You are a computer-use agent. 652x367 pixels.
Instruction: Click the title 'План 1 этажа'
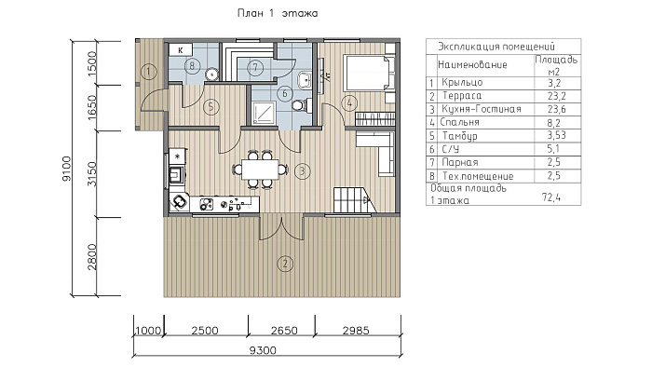tap(278, 13)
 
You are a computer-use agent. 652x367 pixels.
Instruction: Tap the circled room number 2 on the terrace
tap(285, 264)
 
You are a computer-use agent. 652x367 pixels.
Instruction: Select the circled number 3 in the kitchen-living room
tap(303, 170)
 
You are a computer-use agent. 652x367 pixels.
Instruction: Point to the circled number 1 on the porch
tap(148, 72)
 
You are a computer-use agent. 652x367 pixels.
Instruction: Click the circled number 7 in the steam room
tap(255, 67)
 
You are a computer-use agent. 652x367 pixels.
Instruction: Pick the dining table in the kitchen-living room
tap(260, 170)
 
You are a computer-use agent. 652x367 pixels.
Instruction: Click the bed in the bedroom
tap(369, 73)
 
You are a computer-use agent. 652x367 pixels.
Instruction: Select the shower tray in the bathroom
tap(264, 112)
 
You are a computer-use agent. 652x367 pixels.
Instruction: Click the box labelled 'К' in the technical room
tap(181, 50)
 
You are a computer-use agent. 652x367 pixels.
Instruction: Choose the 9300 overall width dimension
tap(263, 350)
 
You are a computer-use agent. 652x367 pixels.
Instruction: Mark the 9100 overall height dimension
tap(66, 169)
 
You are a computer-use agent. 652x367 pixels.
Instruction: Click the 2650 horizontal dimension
tap(284, 331)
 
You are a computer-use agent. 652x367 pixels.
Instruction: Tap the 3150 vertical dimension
tap(92, 174)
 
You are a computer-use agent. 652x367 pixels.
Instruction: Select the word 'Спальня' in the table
tap(459, 122)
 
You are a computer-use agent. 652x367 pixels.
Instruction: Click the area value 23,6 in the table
tap(557, 109)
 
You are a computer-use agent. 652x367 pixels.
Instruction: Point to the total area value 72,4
tap(551, 197)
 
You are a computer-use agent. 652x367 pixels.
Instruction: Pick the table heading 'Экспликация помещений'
tap(496, 47)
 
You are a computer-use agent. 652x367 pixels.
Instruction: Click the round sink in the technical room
tap(212, 74)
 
